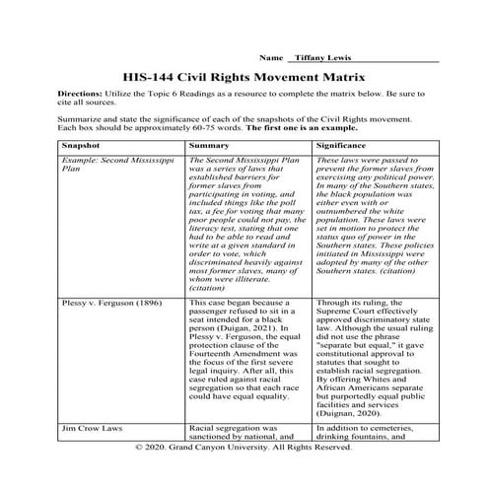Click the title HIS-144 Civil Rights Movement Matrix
[x=244, y=76]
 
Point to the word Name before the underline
[x=264, y=59]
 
